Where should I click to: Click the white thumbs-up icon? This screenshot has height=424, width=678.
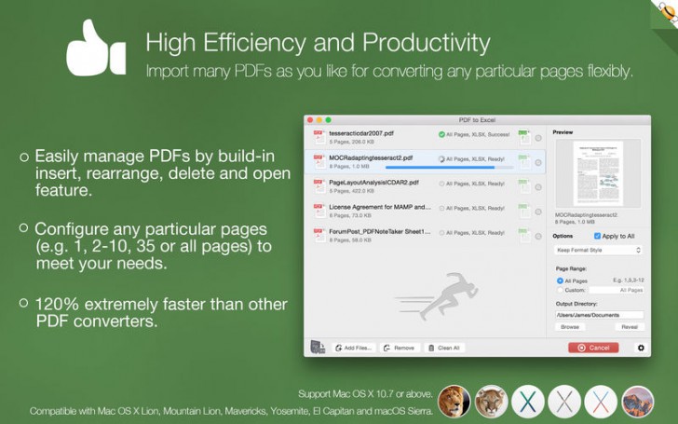point(96,48)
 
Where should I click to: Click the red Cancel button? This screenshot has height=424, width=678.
point(592,348)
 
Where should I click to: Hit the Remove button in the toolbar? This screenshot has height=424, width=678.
point(399,348)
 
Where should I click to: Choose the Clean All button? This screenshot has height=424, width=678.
point(443,348)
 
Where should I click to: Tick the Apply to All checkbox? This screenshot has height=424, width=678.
point(598,236)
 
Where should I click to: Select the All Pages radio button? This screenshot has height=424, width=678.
point(560,280)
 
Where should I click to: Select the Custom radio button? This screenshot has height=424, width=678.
point(560,290)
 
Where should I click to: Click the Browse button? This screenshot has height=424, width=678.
point(570,327)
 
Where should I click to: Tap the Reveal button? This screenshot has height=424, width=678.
point(629,327)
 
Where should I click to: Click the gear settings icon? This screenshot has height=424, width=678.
point(640,348)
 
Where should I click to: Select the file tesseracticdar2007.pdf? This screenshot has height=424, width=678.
point(360,134)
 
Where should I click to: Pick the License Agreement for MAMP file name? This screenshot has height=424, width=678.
point(380,207)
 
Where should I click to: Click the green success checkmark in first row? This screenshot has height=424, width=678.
point(441,134)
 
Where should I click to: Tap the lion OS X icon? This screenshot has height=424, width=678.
point(454,402)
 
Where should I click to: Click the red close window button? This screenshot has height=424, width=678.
point(310,120)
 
